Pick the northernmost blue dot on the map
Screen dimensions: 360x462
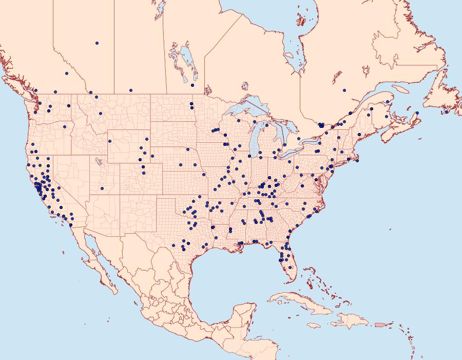tap(97, 43)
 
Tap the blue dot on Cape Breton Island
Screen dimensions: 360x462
tap(417, 113)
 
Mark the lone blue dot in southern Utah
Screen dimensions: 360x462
tap(102, 188)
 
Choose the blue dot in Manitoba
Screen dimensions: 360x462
tap(192, 85)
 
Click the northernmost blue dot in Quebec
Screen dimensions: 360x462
tap(344, 90)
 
